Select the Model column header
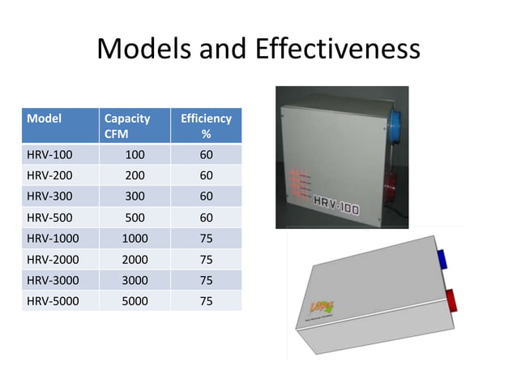tap(45, 118)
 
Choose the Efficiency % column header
tap(206, 126)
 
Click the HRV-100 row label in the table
tap(49, 153)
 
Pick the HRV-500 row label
tap(49, 217)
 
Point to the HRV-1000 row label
tap(53, 238)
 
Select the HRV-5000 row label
tap(53, 300)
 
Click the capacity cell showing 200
tap(135, 175)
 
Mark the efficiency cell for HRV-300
tap(206, 196)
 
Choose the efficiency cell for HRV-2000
tap(206, 259)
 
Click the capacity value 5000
tap(135, 300)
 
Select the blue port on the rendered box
tap(445, 259)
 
